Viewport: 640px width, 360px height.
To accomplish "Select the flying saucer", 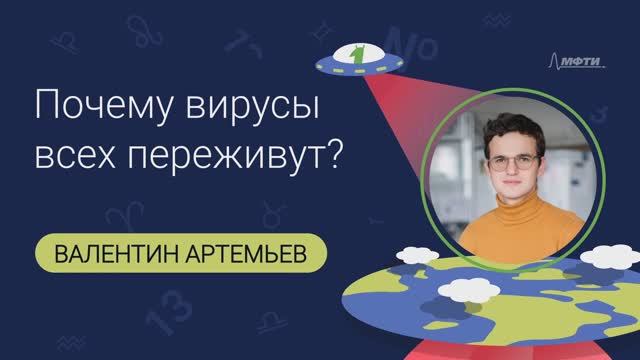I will [354, 63].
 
